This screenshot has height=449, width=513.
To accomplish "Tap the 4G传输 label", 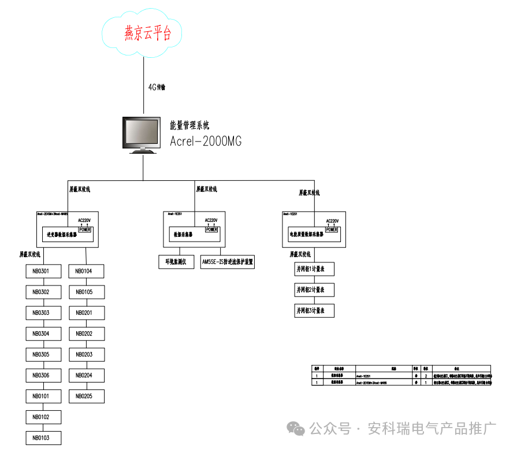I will [157, 87].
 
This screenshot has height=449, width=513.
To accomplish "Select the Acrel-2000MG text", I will [206, 142].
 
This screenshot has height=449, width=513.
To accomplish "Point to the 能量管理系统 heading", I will [189, 125].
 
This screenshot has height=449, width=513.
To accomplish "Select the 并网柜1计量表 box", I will [314, 269].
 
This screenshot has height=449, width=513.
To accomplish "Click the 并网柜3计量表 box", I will [314, 311].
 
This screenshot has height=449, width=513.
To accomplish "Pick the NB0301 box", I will [43, 271].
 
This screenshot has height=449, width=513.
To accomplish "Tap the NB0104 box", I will [87, 271].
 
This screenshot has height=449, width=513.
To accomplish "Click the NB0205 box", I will [87, 396].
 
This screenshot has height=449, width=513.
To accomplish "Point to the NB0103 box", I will [43, 438].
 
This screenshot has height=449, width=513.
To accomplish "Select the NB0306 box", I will [43, 376].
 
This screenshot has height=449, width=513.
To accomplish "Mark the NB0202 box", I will [87, 334].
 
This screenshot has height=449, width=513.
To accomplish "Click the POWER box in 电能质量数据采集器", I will [332, 229].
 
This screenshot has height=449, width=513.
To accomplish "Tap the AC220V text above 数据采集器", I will [211, 220].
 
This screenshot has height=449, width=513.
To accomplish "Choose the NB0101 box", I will [43, 396].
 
